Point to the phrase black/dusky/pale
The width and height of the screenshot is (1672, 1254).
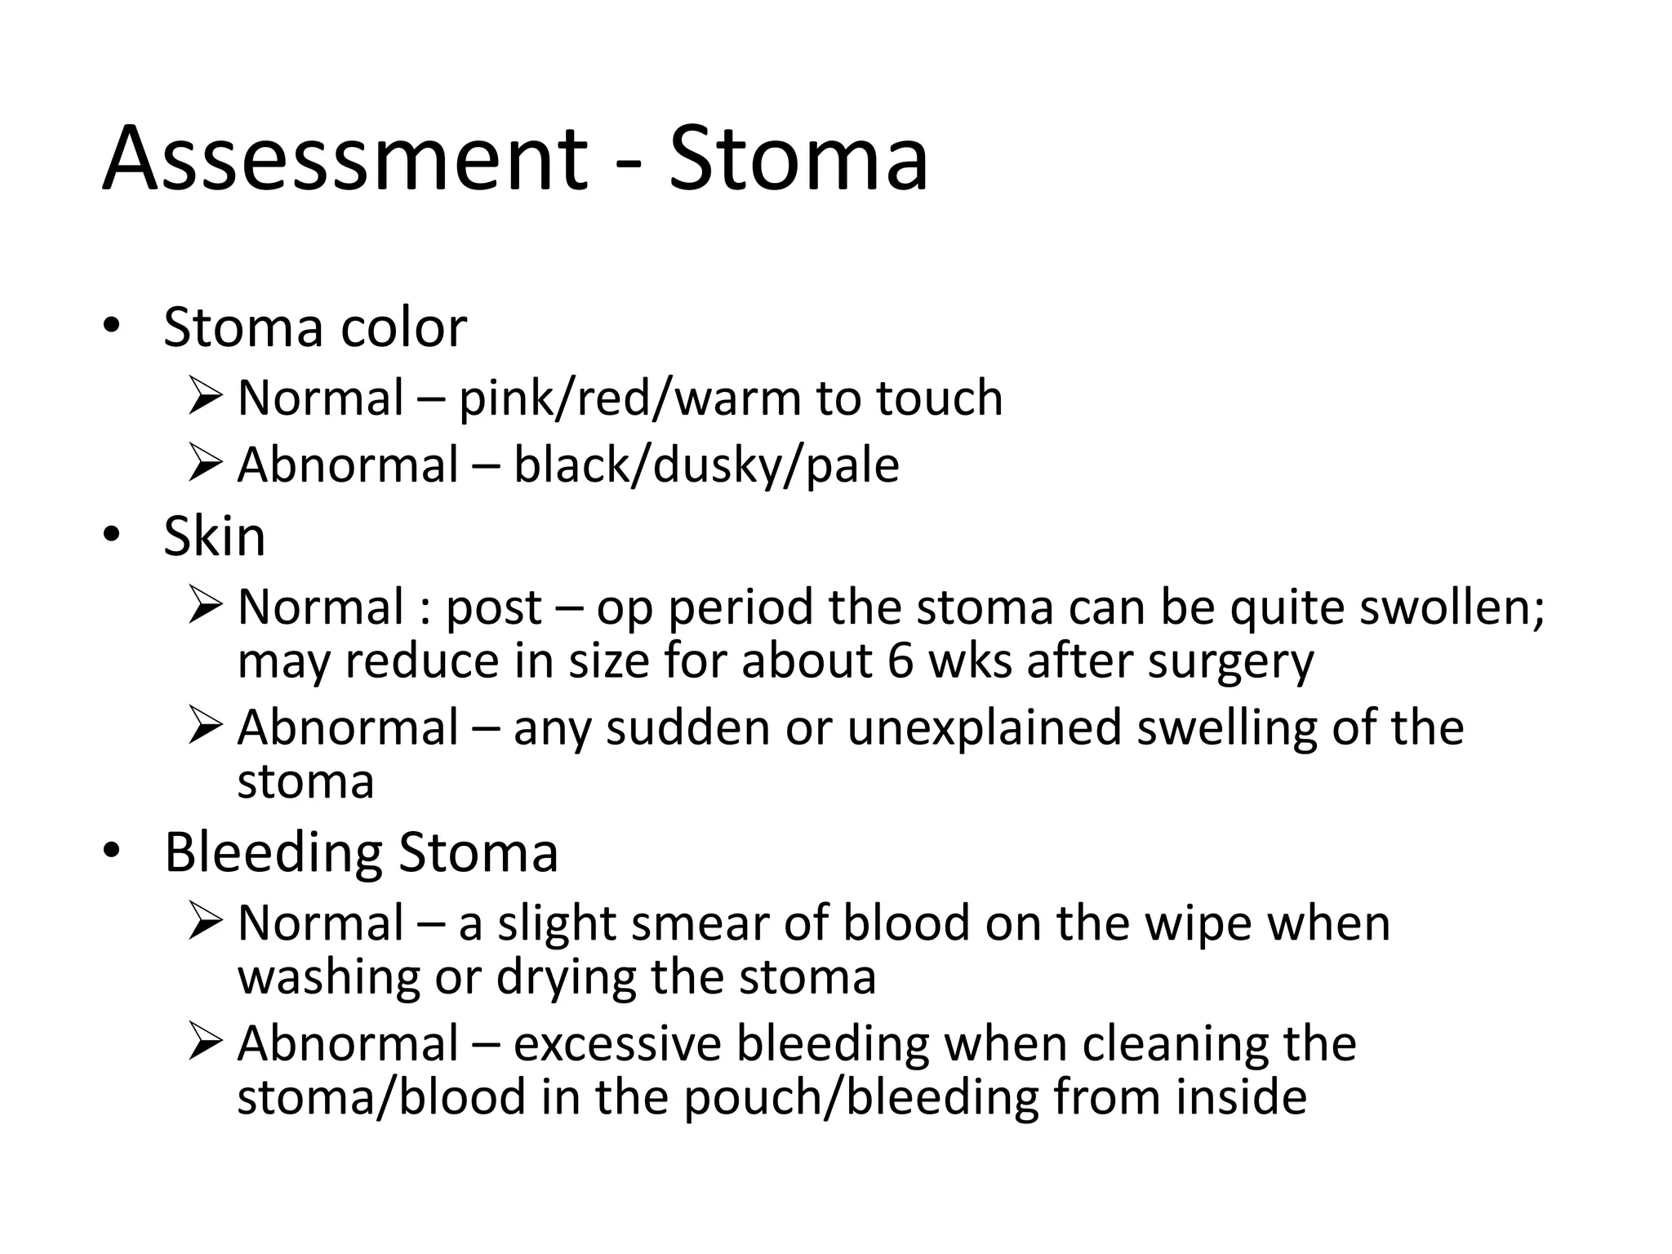[x=706, y=465]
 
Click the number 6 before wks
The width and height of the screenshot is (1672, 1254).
[x=900, y=660]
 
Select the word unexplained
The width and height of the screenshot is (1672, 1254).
[x=985, y=727]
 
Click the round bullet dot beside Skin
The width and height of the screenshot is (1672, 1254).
[x=112, y=536]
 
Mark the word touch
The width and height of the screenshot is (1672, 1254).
[x=939, y=398]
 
